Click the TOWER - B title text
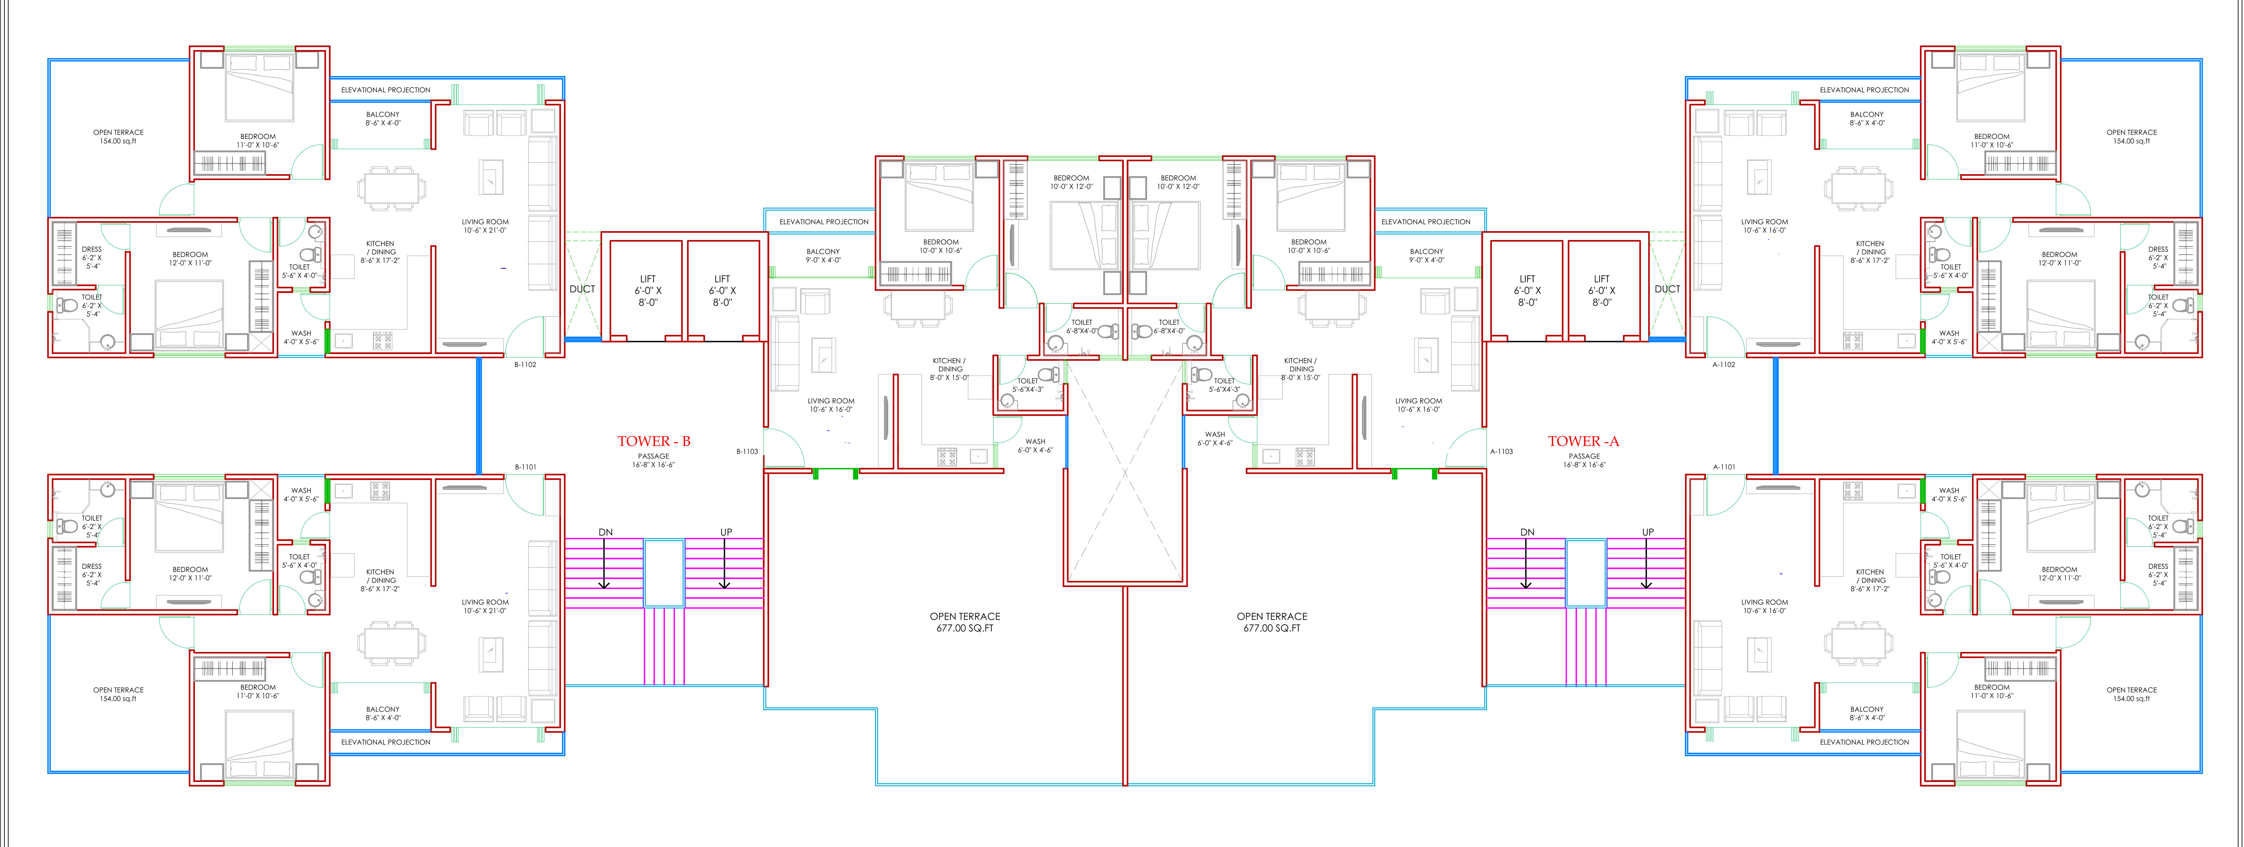[653, 441]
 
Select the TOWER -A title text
[1583, 441]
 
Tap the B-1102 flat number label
[525, 365]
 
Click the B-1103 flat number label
[746, 452]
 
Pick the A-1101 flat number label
[1724, 467]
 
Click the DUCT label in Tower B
[582, 289]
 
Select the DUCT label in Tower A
[1666, 289]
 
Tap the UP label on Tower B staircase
[726, 532]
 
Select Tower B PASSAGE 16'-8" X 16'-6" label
[653, 461]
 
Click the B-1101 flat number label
[525, 467]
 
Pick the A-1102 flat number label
[1724, 365]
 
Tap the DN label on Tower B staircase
[605, 532]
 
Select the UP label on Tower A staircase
[1647, 532]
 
